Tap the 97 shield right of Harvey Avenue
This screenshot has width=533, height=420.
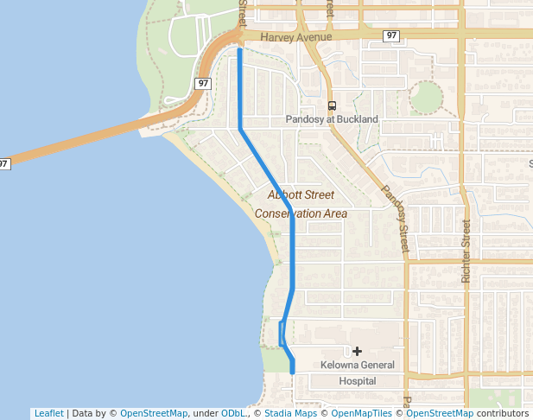(x=392, y=35)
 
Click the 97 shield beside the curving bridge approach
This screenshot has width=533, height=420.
(x=202, y=83)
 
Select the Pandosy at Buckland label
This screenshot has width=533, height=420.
(x=332, y=119)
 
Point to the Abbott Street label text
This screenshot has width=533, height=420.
(x=301, y=195)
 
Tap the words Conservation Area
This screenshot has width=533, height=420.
(x=301, y=213)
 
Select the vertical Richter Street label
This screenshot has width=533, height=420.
(x=466, y=251)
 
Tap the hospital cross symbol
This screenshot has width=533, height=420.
(x=357, y=351)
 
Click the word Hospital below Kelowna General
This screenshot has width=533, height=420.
(x=358, y=380)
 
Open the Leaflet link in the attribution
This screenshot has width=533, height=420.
(x=48, y=413)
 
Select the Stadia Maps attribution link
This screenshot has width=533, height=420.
(x=289, y=413)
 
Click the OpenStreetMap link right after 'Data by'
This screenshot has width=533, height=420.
(x=153, y=413)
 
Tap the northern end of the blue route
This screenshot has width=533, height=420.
(x=239, y=51)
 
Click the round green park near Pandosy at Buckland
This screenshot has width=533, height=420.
(x=426, y=98)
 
